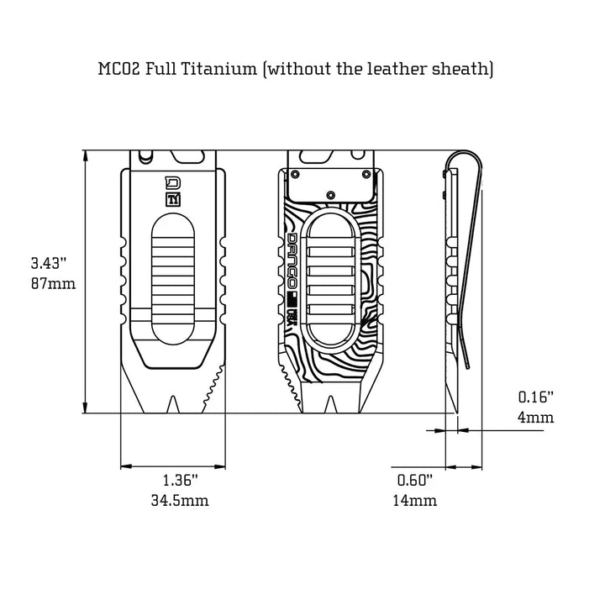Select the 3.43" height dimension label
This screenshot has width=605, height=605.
tap(49, 264)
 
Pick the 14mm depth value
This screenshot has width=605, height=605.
tap(414, 501)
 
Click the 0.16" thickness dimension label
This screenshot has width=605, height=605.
tap(536, 397)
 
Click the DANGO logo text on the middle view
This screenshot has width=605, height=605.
tap(292, 261)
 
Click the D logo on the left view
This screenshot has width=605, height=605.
tap(174, 183)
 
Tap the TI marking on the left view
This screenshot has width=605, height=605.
tap(174, 200)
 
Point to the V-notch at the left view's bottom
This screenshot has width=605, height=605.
tap(174, 402)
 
